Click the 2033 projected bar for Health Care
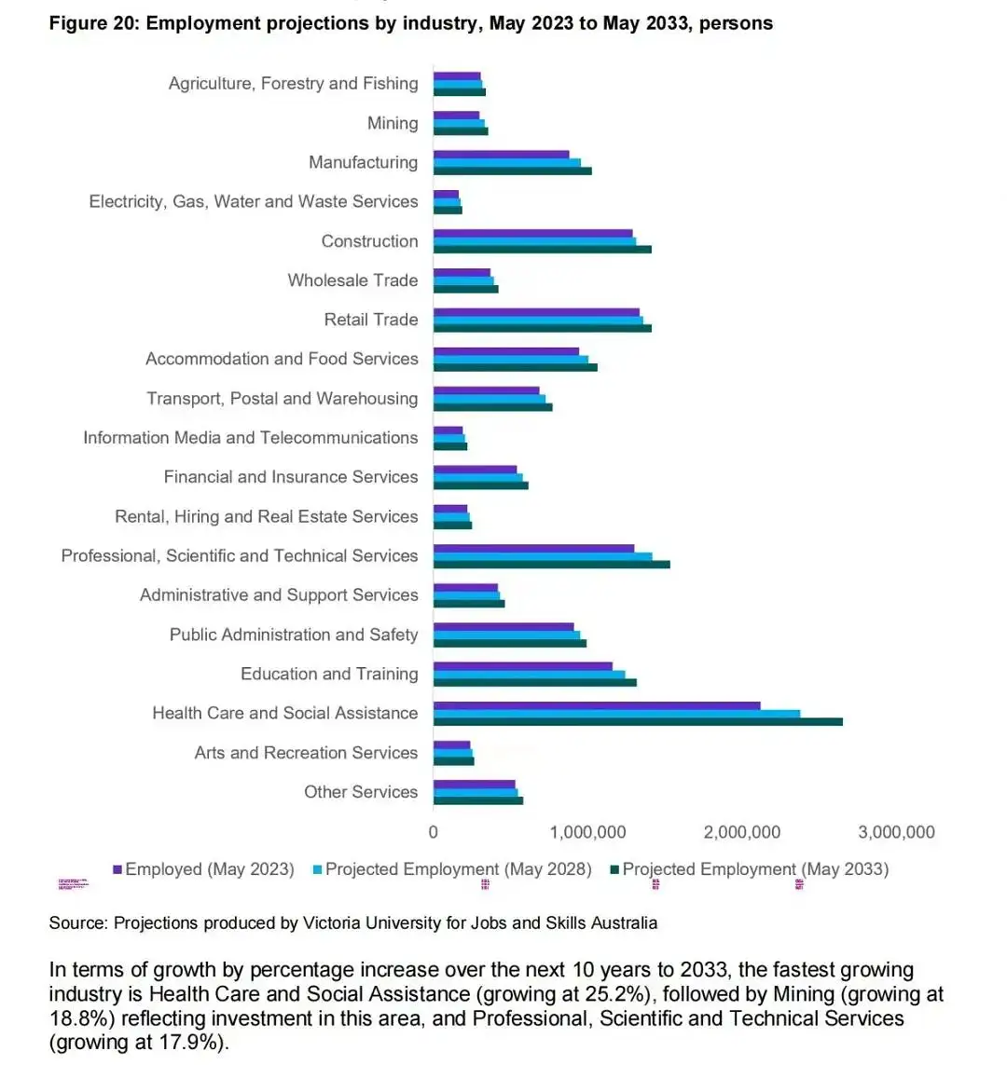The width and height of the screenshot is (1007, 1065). point(638,722)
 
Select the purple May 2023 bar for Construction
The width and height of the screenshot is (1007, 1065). point(532,233)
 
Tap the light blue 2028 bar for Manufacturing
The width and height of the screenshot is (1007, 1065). point(507,162)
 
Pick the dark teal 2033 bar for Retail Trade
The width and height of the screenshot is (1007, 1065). point(542,328)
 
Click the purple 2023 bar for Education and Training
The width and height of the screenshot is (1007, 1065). point(522,666)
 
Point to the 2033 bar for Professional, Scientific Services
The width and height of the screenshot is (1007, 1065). point(551,564)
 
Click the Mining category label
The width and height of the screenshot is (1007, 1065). point(393,123)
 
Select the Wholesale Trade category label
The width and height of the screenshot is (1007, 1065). point(352,280)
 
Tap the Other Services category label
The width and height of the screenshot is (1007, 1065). point(361,792)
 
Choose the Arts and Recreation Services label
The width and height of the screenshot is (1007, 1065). point(306,753)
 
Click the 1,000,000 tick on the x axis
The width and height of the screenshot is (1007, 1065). point(588,832)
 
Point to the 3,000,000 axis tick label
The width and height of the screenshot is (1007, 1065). point(896,832)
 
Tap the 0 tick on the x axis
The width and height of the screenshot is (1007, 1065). point(434,832)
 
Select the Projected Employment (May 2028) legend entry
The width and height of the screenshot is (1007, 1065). point(458,869)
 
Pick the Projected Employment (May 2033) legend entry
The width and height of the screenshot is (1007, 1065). point(754,869)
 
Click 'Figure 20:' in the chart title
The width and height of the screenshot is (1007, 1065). point(94,23)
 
